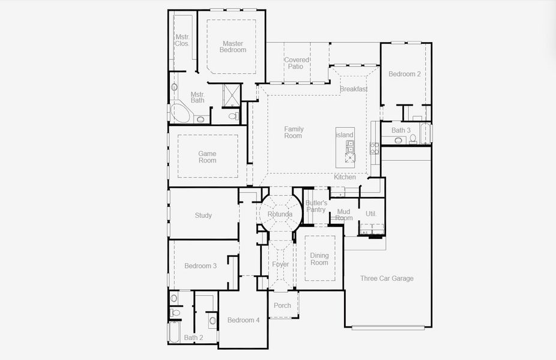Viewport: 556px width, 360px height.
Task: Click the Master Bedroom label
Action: pyautogui.click(x=232, y=47)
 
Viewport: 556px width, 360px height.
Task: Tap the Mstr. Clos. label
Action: pyautogui.click(x=183, y=40)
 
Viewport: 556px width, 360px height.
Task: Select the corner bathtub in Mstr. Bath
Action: pyautogui.click(x=179, y=113)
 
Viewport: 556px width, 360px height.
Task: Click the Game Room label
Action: pyautogui.click(x=207, y=157)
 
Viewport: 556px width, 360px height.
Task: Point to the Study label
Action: pyautogui.click(x=203, y=215)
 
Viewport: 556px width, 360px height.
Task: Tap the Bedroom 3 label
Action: pyautogui.click(x=200, y=266)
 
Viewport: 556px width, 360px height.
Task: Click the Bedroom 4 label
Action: pyautogui.click(x=243, y=320)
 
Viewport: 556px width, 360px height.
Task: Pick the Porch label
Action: pyautogui.click(x=282, y=305)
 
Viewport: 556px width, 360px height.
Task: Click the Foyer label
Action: pyautogui.click(x=280, y=265)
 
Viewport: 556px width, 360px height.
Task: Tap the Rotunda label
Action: pyautogui.click(x=280, y=214)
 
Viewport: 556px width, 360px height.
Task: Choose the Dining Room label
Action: pyautogui.click(x=319, y=259)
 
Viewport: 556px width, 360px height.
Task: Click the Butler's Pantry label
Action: pyautogui.click(x=316, y=206)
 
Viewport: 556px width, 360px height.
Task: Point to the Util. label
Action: pyautogui.click(x=370, y=214)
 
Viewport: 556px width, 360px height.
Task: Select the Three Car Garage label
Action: pyautogui.click(x=387, y=278)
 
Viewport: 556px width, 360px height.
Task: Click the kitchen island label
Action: pyautogui.click(x=345, y=135)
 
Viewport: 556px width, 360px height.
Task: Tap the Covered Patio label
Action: pyautogui.click(x=297, y=63)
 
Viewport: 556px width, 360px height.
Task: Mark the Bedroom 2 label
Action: pyautogui.click(x=404, y=74)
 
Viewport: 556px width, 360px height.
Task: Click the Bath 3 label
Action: pyautogui.click(x=401, y=130)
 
